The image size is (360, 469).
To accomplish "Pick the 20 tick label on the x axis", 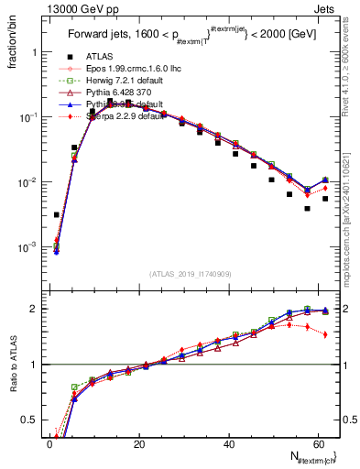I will point(139,444).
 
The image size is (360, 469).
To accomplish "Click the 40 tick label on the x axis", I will point(228,444).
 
